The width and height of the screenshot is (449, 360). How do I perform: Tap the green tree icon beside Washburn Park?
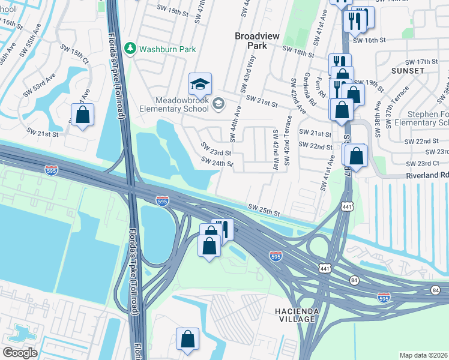[x=128, y=47]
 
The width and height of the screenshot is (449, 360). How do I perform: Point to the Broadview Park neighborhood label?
[x=257, y=41]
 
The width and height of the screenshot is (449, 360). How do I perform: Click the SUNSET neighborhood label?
[x=408, y=71]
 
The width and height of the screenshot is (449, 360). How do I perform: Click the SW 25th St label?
[x=265, y=211]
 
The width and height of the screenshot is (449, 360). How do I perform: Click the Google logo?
[x=20, y=352]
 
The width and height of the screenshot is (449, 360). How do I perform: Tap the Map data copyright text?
[x=423, y=355]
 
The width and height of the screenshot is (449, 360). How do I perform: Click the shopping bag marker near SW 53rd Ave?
[x=82, y=115]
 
